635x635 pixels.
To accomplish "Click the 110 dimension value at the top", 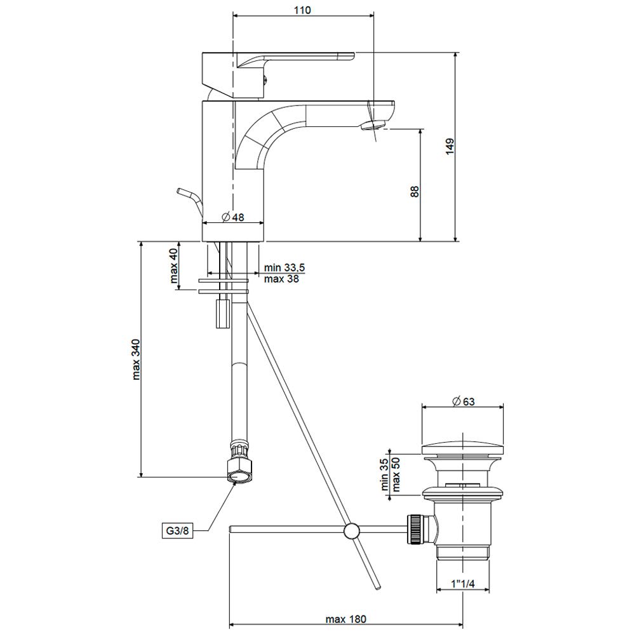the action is (x=302, y=10).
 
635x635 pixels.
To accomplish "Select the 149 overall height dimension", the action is (x=450, y=146).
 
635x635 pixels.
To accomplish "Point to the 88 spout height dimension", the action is (x=415, y=192).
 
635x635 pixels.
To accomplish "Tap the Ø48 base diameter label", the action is (x=233, y=217).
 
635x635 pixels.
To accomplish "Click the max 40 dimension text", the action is (x=174, y=265).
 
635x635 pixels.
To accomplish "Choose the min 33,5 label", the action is (x=284, y=268).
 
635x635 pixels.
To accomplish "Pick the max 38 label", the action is (x=281, y=279).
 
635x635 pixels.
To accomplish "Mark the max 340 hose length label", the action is (x=136, y=359).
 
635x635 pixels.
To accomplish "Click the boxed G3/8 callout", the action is (x=177, y=530).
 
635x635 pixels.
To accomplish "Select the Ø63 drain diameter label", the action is (x=464, y=401).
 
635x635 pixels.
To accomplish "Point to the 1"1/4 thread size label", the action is (x=463, y=584).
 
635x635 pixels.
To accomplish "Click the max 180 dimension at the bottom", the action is (x=345, y=619).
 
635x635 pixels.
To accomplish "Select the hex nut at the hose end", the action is (x=239, y=469).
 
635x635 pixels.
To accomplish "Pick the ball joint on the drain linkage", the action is (x=351, y=531).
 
